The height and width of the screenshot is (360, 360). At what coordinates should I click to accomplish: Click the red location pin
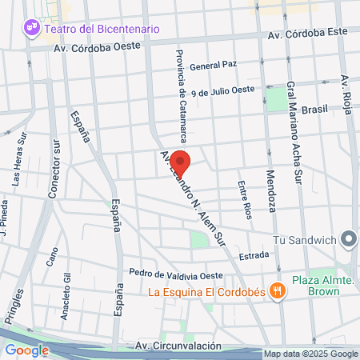pyautogui.click(x=181, y=162)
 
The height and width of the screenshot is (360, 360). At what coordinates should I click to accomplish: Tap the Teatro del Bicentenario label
pyautogui.click(x=102, y=29)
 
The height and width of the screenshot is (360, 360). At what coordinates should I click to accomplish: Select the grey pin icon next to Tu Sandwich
pyautogui.click(x=348, y=239)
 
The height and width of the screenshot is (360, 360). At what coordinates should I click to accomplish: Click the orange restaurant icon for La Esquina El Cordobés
pyautogui.click(x=278, y=291)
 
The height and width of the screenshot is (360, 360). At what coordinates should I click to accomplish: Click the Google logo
pyautogui.click(x=27, y=350)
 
